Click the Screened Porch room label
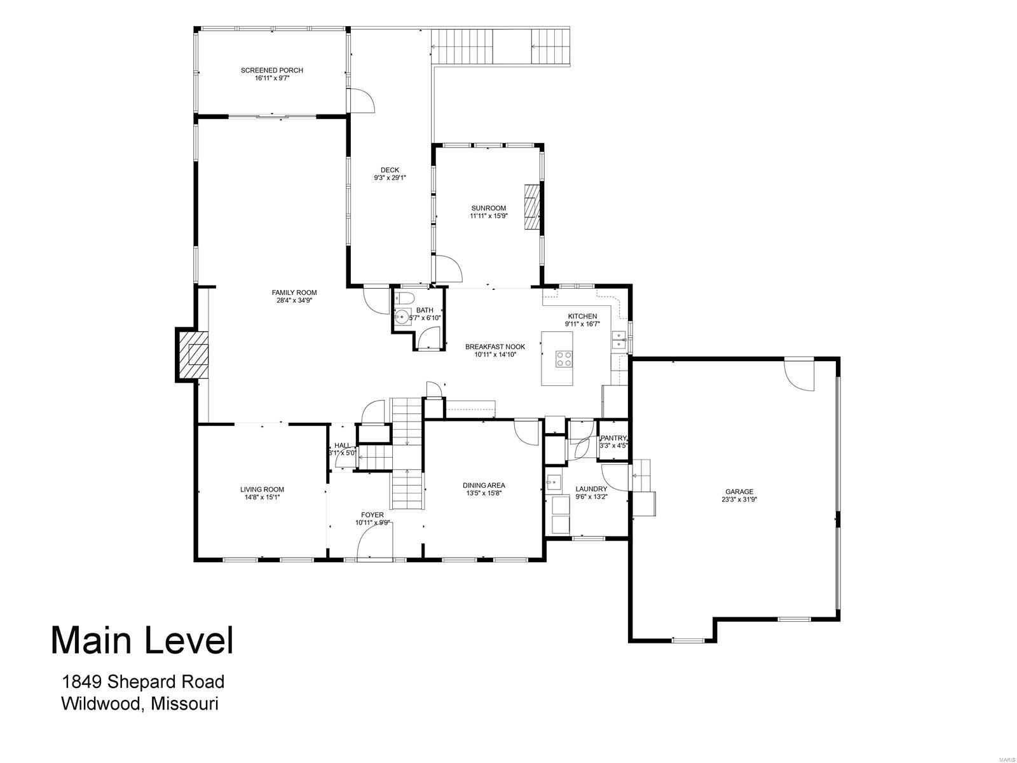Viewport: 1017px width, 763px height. tap(271, 70)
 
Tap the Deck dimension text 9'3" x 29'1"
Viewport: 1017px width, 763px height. tap(390, 178)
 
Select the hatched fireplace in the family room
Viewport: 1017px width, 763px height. tap(193, 355)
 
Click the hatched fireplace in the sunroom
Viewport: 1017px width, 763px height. tap(531, 206)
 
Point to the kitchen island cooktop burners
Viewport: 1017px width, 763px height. tap(564, 359)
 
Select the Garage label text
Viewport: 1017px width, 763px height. tap(739, 491)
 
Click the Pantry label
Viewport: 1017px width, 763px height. tap(613, 438)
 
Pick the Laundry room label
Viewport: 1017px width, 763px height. tap(591, 489)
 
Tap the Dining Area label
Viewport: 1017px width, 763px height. tap(484, 485)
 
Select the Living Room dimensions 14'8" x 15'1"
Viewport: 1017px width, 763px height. tap(262, 498)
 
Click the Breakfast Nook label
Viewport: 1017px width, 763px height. tap(495, 347)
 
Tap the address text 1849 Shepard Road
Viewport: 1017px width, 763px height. tap(143, 682)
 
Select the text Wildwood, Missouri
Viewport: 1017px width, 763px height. tap(140, 703)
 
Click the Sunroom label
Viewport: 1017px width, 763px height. tap(488, 208)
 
